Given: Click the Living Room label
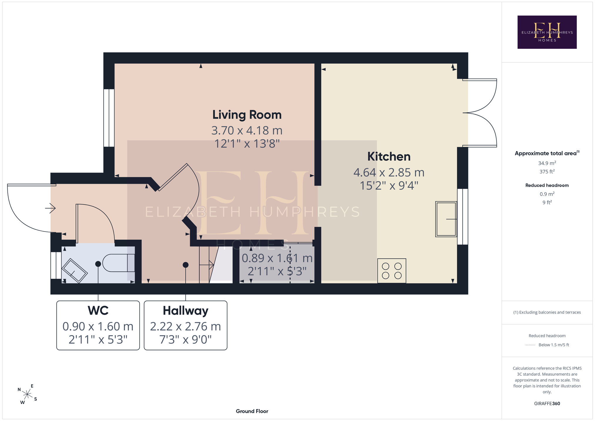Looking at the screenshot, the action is [247, 115].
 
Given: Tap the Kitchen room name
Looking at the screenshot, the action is [389, 157].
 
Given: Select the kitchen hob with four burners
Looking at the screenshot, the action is [392, 271].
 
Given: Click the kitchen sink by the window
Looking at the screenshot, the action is [446, 219].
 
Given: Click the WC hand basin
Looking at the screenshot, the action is [74, 271].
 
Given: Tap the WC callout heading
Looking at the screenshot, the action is [98, 311].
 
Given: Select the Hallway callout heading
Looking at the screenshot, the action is [185, 311].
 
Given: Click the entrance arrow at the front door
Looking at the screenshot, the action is [50, 208].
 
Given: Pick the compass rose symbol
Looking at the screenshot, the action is [27, 394].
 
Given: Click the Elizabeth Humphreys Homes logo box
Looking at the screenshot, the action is [547, 32].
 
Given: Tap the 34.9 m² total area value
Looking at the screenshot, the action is [547, 163].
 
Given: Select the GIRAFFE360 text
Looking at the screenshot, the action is [547, 403].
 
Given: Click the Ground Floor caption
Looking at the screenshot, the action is [252, 411].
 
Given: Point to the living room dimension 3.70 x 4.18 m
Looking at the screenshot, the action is [247, 130].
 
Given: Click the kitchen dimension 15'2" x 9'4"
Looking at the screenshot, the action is [389, 186].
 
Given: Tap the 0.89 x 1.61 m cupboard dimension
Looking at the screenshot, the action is [277, 258].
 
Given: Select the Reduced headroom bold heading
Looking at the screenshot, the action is [547, 185].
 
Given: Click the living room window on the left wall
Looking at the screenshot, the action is [109, 118].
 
